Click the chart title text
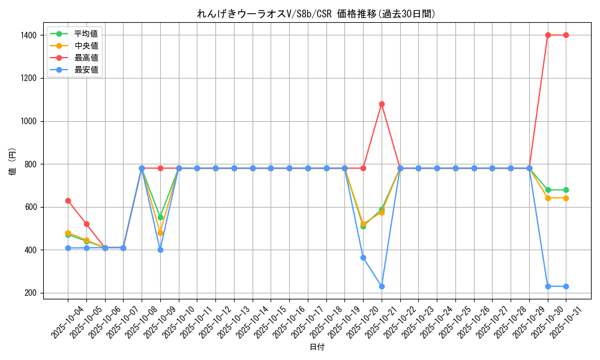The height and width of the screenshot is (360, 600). click(316, 14)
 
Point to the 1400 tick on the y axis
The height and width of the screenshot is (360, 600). click(28, 35)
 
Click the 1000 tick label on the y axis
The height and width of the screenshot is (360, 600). click(28, 121)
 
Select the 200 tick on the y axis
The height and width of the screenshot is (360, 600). click(31, 293)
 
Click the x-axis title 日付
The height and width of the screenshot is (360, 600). click(317, 347)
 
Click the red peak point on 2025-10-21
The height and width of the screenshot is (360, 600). click(382, 104)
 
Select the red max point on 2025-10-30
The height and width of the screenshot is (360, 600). click(548, 35)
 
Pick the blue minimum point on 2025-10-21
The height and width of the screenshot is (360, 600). click(382, 286)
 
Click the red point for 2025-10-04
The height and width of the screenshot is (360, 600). click(68, 200)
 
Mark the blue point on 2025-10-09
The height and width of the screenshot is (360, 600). click(160, 250)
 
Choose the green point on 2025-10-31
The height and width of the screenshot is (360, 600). click(566, 190)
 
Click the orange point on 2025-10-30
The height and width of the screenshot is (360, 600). click(548, 198)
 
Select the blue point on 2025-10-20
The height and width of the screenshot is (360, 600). click(363, 257)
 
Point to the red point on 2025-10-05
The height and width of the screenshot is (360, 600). click(86, 224)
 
